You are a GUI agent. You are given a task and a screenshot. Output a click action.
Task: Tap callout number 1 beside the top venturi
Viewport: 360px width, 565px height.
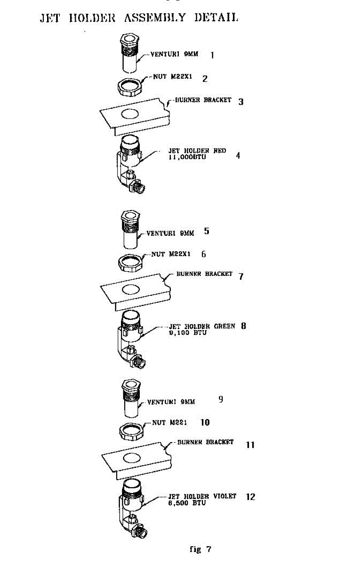click(212, 55)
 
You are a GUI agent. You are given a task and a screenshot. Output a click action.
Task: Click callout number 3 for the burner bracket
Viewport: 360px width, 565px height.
click(241, 101)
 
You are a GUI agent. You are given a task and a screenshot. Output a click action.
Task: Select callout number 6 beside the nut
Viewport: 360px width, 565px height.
click(203, 254)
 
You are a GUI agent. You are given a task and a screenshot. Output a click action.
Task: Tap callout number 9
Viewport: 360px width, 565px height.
click(221, 400)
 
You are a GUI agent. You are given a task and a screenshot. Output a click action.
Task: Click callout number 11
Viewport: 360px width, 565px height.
click(250, 444)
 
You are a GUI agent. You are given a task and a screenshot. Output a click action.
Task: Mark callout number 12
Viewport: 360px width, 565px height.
click(251, 497)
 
